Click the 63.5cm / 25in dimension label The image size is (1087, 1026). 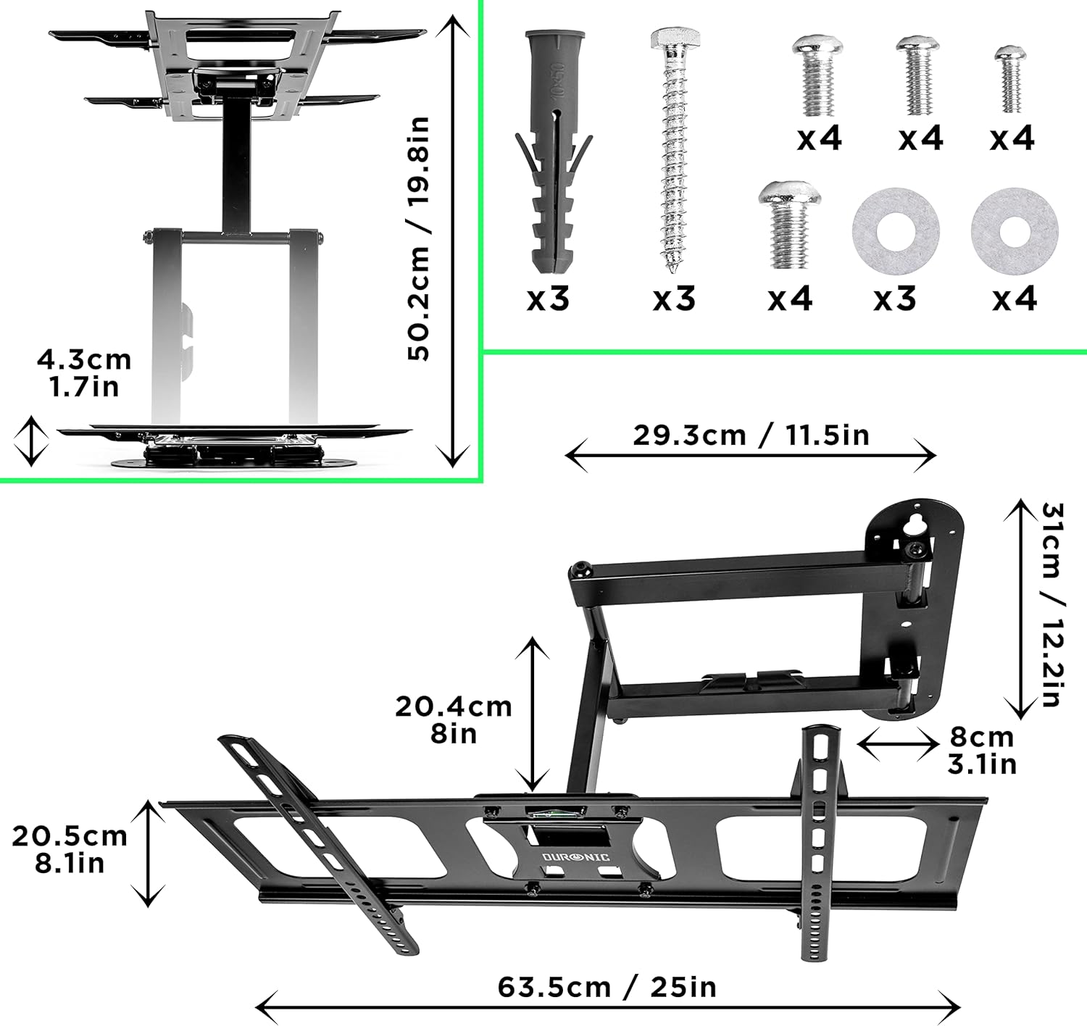607,987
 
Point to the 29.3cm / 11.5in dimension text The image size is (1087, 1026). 751,435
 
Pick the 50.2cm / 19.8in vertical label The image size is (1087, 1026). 418,239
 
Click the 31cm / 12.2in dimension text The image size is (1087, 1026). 1052,605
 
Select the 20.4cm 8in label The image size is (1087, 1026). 454,720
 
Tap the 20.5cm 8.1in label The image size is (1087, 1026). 70,849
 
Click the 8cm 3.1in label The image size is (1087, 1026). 982,750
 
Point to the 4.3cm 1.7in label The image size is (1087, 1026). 84,372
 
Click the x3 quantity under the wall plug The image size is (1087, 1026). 548,299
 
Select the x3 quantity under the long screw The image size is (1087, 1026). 674,299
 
